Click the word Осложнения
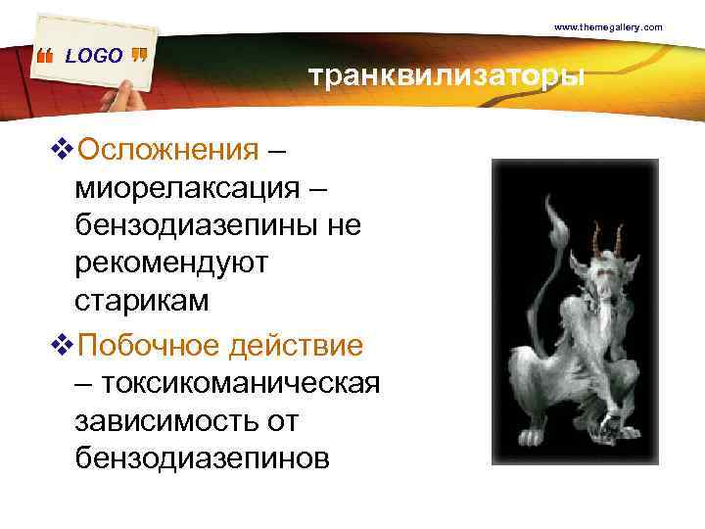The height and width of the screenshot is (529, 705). pos(167,151)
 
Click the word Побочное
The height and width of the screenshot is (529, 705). pos(149,346)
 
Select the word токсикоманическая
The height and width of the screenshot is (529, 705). pos(239,383)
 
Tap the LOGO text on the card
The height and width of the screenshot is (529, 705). pos(94,56)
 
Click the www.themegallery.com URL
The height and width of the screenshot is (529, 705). pos(608,27)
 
